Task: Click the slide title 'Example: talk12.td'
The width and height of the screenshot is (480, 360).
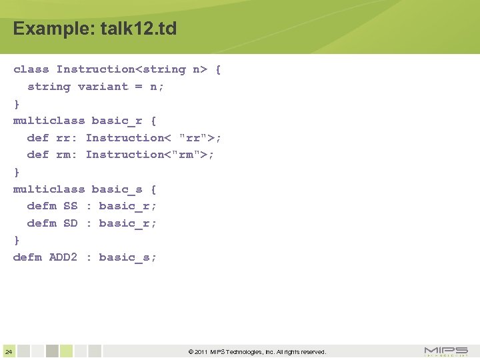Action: click(x=95, y=29)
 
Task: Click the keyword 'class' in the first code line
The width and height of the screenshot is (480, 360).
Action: click(x=31, y=69)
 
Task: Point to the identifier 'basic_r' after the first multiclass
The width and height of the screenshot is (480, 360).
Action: click(x=117, y=121)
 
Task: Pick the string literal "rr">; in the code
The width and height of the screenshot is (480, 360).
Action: click(x=201, y=138)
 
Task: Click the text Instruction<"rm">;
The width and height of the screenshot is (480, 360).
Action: click(x=150, y=155)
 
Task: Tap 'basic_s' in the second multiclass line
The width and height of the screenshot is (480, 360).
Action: click(x=117, y=189)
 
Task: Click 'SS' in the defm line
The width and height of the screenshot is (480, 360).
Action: click(x=70, y=206)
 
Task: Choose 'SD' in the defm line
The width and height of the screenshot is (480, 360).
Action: click(x=70, y=223)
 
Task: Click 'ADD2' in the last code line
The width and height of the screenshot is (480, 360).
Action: click(x=63, y=257)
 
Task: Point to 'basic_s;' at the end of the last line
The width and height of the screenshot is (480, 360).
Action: click(x=128, y=257)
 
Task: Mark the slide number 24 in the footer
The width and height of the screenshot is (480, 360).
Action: click(x=8, y=351)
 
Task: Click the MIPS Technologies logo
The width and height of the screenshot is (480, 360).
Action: click(x=446, y=351)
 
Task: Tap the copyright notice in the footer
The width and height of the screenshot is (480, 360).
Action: click(x=257, y=352)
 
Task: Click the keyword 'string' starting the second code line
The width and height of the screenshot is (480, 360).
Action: click(x=49, y=87)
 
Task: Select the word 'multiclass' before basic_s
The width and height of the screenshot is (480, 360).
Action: click(x=49, y=189)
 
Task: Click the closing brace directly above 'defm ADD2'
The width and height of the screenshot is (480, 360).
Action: click(x=17, y=240)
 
